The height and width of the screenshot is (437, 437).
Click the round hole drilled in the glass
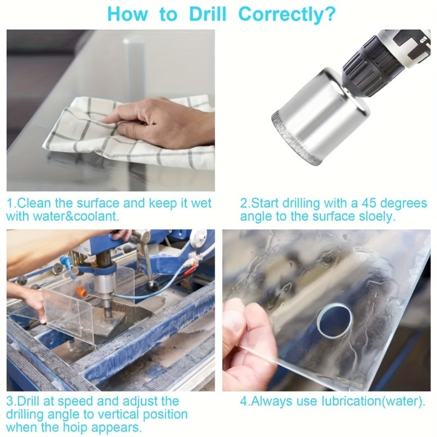point(334,319)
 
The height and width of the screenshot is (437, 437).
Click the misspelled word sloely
point(375,216)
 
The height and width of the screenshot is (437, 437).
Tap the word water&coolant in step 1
point(73,216)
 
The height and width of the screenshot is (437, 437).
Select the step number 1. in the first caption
point(11,204)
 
